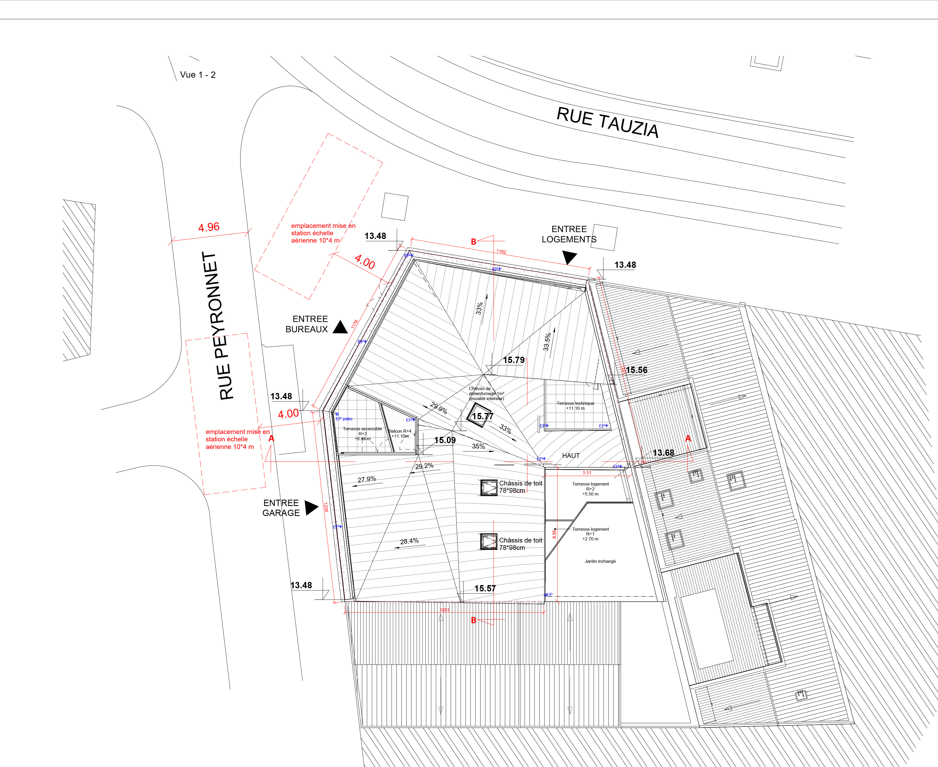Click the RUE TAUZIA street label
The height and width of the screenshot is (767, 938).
click(608, 122)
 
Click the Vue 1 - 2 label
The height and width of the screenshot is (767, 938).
click(197, 75)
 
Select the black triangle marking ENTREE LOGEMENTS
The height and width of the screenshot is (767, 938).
click(569, 257)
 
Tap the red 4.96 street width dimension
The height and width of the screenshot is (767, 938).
click(208, 227)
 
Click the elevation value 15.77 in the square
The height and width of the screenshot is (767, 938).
click(482, 416)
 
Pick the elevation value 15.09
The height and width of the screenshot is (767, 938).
click(445, 440)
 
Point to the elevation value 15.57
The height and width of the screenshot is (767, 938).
click(485, 589)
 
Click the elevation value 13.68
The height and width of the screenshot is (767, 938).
click(663, 453)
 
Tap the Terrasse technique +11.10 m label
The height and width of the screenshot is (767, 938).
click(575, 406)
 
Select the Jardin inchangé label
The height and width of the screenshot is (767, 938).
click(600, 561)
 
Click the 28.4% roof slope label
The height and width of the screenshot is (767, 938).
click(409, 541)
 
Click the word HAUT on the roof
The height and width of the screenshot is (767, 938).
click(571, 456)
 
